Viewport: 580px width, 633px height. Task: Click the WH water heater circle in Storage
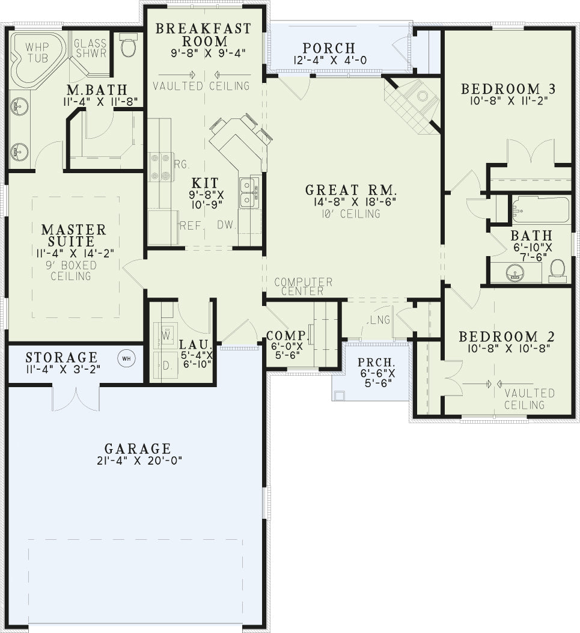click(x=126, y=358)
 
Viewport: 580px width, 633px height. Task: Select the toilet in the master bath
click(x=129, y=45)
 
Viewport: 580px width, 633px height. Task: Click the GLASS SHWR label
click(x=90, y=48)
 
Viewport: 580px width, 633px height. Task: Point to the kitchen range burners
click(x=160, y=167)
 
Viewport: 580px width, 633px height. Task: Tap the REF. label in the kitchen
click(x=190, y=225)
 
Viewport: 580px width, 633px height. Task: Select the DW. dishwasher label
click(x=227, y=225)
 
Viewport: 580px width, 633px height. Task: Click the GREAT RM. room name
click(x=351, y=190)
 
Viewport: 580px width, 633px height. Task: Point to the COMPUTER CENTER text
click(x=304, y=286)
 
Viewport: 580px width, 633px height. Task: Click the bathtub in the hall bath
click(x=540, y=209)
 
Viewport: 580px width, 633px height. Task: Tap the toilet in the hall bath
click(x=557, y=271)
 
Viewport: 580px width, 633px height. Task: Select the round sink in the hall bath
click(x=514, y=272)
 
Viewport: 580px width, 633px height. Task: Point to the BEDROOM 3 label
click(x=508, y=88)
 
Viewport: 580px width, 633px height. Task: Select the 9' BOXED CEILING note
click(x=71, y=271)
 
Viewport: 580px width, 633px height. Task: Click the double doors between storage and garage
click(x=76, y=398)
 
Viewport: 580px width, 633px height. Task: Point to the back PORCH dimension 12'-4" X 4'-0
click(x=330, y=60)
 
